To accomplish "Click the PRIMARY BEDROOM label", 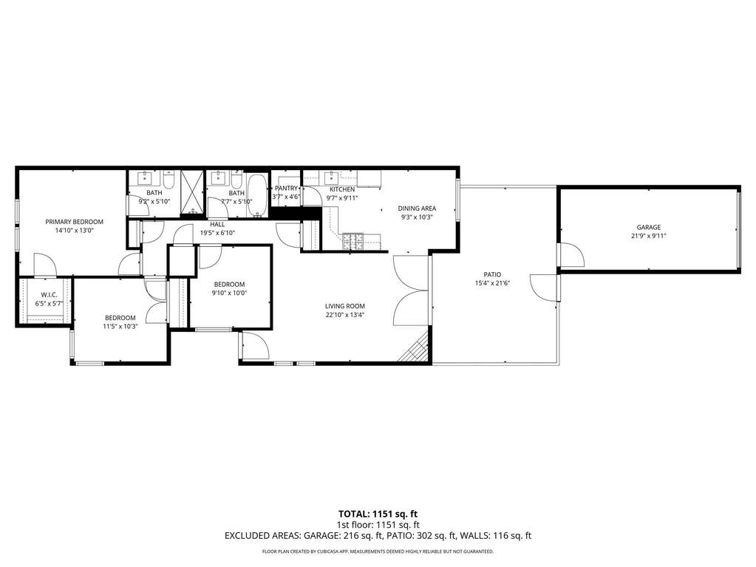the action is (x=74, y=222).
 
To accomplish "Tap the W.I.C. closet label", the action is (x=50, y=295).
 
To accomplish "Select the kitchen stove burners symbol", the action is (x=353, y=241).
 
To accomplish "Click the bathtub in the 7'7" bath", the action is (x=257, y=195).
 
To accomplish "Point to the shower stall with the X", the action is (x=193, y=192).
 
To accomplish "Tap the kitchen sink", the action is (x=332, y=178).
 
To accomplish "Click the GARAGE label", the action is (x=649, y=227).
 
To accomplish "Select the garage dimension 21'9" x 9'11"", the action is (x=649, y=237).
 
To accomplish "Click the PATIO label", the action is (x=492, y=274).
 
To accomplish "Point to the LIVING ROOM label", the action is (x=344, y=306).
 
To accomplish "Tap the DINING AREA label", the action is (x=417, y=208).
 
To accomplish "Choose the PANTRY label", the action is (x=287, y=188).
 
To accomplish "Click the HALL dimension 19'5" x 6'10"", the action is (x=217, y=234).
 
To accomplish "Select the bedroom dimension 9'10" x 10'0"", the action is (x=230, y=293).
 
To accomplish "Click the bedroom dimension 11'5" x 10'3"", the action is (x=120, y=327).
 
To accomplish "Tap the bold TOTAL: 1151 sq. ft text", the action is (x=374, y=514).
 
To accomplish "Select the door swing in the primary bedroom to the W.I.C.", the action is (x=45, y=265).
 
